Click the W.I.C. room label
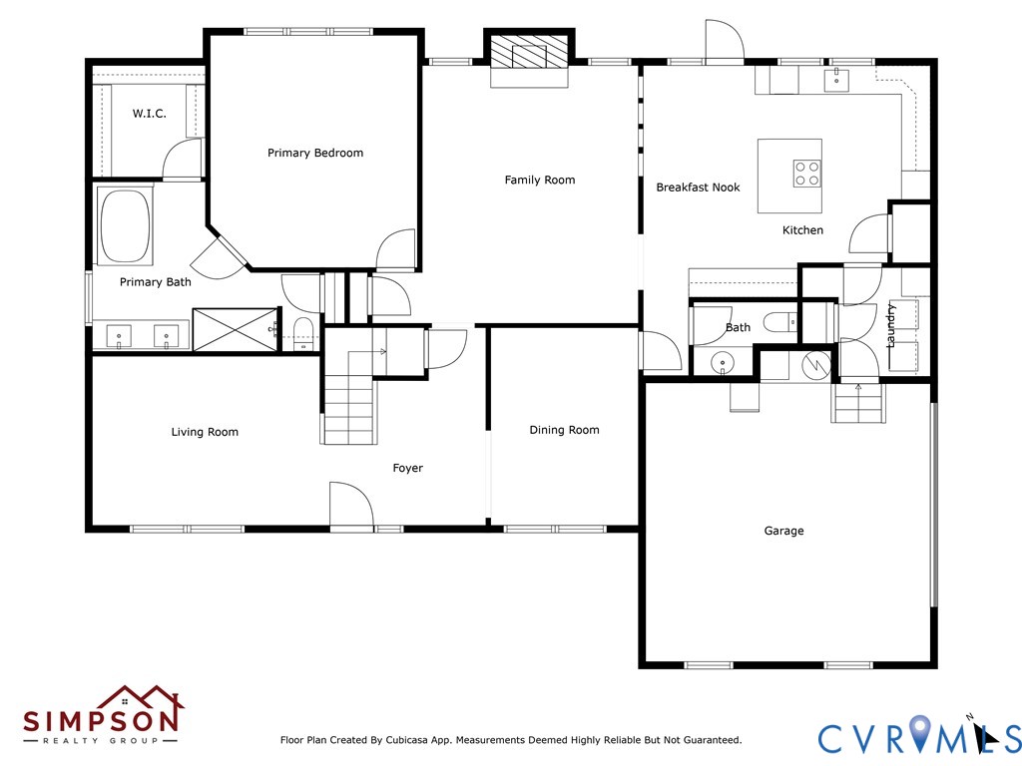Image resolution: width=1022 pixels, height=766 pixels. (x=150, y=114)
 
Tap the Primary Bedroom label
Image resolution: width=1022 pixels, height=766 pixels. (x=315, y=153)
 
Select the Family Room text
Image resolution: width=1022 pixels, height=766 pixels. (x=540, y=181)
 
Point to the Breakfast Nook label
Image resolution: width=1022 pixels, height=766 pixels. (x=698, y=188)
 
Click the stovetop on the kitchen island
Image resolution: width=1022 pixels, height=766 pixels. (x=806, y=174)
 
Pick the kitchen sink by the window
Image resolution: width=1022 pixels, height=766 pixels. (x=836, y=80)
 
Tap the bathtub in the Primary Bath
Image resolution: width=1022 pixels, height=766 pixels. (x=125, y=226)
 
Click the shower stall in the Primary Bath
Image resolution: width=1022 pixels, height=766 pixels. (x=236, y=329)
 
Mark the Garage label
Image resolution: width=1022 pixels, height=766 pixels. (x=783, y=531)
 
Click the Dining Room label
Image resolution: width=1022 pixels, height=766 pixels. (x=565, y=430)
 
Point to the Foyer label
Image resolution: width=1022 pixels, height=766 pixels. (x=408, y=469)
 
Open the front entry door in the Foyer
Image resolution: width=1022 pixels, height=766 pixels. (x=351, y=505)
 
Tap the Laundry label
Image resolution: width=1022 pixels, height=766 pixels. (x=891, y=325)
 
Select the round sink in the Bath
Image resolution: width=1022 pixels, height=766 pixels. (x=723, y=362)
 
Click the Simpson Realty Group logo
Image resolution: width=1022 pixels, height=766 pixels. (x=103, y=714)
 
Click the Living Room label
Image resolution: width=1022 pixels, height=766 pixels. (x=205, y=432)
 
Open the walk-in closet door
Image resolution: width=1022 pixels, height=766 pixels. (x=183, y=159)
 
